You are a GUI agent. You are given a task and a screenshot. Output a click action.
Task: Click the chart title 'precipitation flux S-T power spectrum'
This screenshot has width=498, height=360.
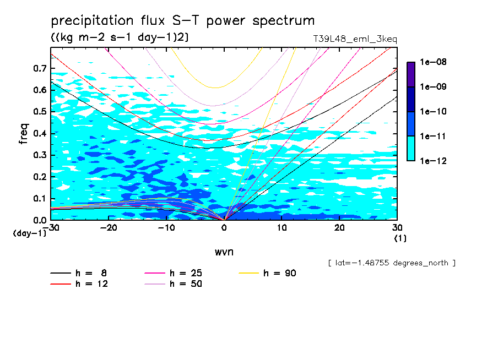click(183, 21)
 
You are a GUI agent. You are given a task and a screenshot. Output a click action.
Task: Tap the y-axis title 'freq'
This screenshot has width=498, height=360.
click(23, 134)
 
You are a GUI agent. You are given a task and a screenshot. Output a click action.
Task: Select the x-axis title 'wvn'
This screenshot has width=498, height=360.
click(224, 252)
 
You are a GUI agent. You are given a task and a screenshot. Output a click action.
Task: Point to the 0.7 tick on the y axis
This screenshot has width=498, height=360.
click(39, 68)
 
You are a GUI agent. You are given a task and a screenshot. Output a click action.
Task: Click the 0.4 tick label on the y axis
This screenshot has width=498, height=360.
click(39, 133)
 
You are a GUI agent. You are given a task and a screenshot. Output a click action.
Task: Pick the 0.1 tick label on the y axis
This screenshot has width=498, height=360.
click(39, 199)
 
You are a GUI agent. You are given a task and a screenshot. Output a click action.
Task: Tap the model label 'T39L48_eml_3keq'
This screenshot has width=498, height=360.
click(354, 39)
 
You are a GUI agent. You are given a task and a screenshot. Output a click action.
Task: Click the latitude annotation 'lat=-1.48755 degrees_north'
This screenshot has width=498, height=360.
click(392, 263)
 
